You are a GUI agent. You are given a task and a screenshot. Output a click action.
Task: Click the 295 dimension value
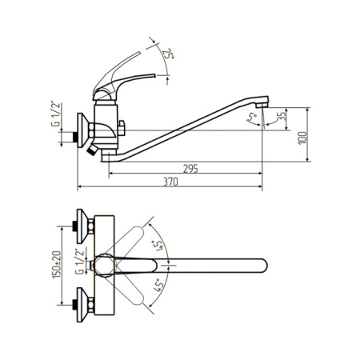[190, 169]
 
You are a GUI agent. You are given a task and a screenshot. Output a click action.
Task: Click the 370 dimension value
[170, 182]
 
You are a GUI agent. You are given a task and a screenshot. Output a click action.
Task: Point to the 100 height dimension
[302, 138]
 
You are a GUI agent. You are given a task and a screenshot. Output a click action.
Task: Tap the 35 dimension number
[281, 116]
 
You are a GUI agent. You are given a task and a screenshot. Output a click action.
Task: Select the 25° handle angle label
[169, 54]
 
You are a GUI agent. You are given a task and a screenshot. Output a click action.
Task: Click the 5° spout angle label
[252, 117]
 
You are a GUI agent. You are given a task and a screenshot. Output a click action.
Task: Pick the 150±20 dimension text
[57, 265]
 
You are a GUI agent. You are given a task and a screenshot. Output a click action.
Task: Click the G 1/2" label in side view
[55, 114]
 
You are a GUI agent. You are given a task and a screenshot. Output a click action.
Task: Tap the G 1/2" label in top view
[79, 262]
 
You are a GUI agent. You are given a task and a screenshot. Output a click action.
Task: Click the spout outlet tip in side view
[262, 106]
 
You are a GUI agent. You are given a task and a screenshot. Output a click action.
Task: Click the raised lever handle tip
[138, 54]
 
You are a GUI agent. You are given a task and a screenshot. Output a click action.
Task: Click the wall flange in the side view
[83, 130]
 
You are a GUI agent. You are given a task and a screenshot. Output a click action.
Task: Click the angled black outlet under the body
[92, 150]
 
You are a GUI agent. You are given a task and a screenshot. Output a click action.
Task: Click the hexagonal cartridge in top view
[104, 266]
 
